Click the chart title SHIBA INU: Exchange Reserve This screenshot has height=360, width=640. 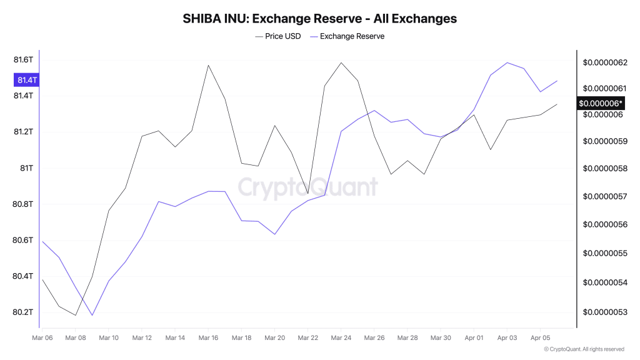319,19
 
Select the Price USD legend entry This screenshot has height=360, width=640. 278,36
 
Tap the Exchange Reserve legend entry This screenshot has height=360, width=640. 347,36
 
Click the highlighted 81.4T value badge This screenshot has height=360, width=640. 26,80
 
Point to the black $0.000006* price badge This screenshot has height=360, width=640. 601,103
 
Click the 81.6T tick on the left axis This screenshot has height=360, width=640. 22,60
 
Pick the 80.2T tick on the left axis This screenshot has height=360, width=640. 22,312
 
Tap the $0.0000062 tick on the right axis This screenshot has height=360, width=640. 605,62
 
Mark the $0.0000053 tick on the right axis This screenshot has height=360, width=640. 605,312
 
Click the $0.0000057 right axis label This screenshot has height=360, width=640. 605,196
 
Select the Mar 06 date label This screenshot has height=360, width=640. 42,338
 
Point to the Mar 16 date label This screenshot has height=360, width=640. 208,338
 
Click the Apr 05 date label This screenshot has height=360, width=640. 540,338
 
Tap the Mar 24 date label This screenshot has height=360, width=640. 341,338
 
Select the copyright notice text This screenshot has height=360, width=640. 584,349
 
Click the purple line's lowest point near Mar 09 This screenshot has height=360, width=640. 92,315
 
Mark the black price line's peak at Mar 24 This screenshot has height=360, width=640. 341,62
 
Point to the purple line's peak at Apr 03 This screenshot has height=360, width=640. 507,62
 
